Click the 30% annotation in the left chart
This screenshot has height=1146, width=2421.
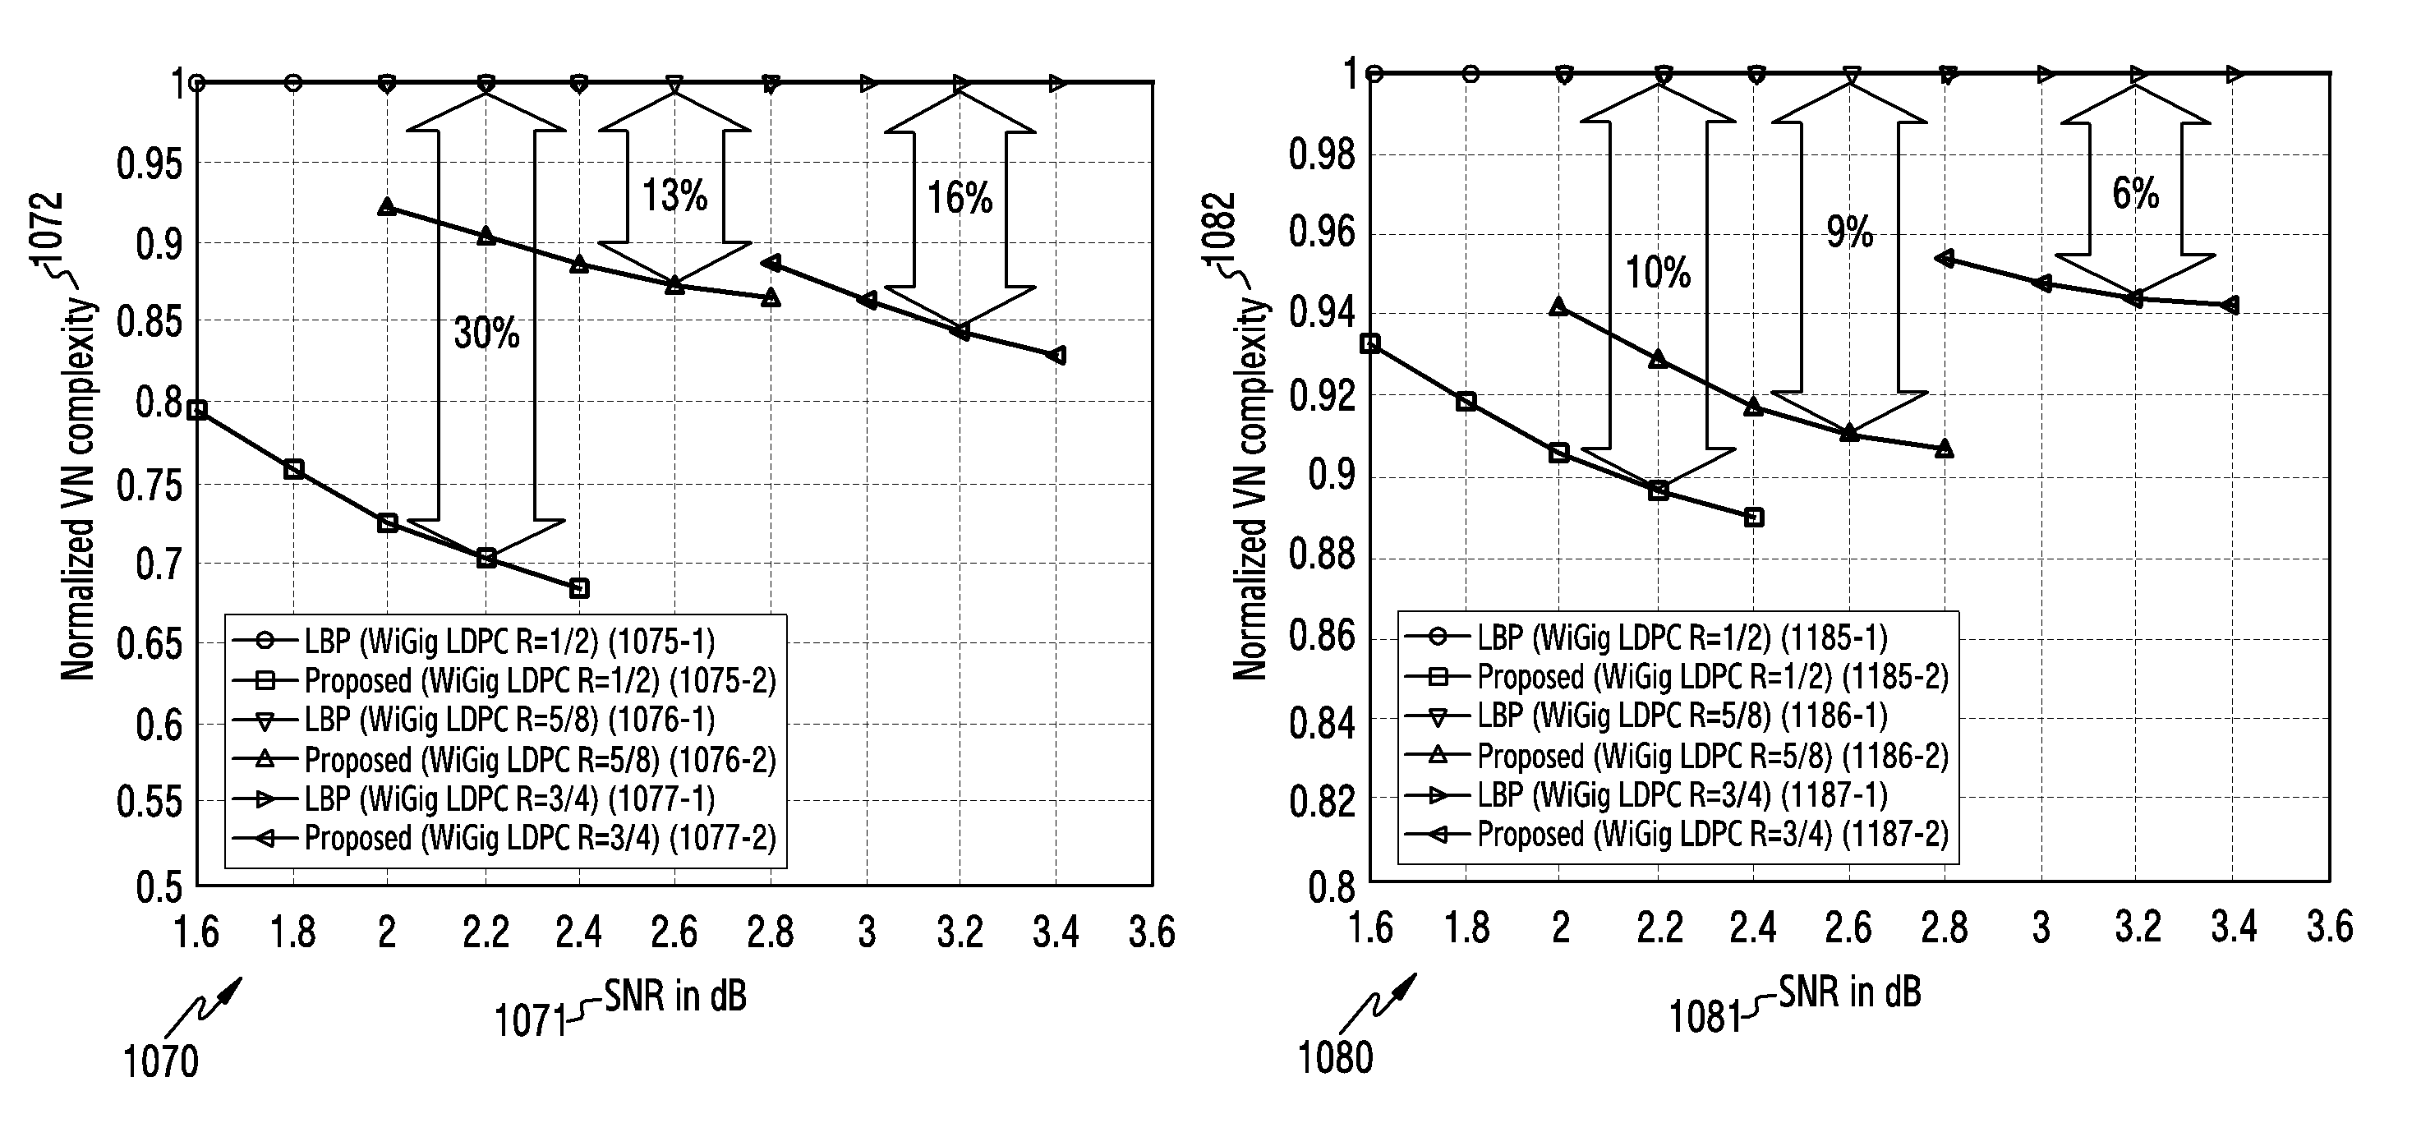[486, 333]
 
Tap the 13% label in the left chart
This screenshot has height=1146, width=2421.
[674, 196]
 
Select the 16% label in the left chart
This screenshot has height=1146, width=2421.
[960, 198]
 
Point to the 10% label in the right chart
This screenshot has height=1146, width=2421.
[1658, 274]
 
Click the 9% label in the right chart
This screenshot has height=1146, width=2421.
[1849, 232]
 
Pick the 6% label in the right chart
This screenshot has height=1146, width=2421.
[2135, 194]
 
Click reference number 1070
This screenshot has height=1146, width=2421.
[161, 1062]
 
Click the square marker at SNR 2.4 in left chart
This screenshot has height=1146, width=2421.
[580, 588]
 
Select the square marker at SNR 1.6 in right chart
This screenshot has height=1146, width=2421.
[1370, 344]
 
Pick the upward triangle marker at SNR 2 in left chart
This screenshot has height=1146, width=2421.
[386, 207]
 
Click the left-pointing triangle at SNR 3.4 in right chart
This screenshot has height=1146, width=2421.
[2233, 306]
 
